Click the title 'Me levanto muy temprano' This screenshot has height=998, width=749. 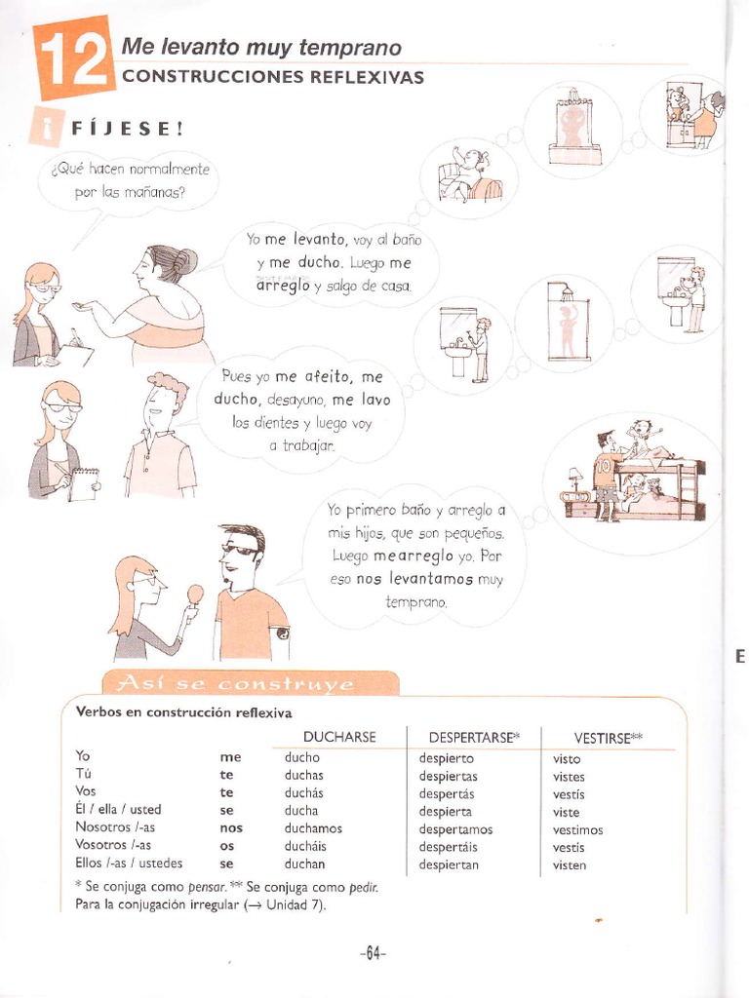(260, 48)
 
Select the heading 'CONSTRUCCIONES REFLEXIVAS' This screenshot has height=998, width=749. (272, 77)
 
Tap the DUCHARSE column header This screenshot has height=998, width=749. (339, 737)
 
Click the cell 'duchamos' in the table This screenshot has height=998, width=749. (313, 828)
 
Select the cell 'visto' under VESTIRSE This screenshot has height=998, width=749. (566, 759)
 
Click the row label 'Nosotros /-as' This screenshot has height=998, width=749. (116, 827)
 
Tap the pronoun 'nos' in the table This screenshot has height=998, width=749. (230, 827)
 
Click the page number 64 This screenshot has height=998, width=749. (373, 954)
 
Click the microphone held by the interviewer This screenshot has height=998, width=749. (195, 594)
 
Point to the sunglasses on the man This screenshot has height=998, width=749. (240, 550)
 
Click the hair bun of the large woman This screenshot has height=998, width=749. (185, 261)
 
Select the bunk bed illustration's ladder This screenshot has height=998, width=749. (689, 487)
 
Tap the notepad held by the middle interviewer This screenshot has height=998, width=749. (83, 483)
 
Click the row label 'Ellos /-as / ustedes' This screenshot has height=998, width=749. (129, 864)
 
